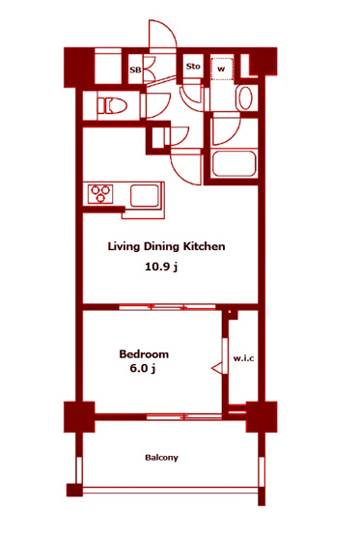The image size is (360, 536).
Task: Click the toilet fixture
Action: click(x=112, y=105)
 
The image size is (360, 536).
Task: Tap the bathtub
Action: click(x=234, y=163)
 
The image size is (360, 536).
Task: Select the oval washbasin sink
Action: click(x=245, y=98)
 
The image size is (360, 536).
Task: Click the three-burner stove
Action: click(x=100, y=193)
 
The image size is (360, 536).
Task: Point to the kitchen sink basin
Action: click(x=145, y=195)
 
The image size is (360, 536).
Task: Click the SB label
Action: click(x=135, y=71)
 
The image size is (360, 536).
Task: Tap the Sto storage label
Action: click(x=193, y=66)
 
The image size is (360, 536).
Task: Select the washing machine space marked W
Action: click(x=222, y=69)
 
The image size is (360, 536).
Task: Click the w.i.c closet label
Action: click(x=243, y=358)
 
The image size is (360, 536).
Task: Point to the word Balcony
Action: click(x=161, y=458)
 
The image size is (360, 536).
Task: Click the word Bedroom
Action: click(x=144, y=353)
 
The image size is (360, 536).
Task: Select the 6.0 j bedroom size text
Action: click(x=143, y=369)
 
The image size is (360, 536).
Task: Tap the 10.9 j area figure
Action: click(x=161, y=267)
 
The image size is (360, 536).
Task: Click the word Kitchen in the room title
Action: click(x=205, y=246)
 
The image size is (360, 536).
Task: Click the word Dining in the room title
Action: click(x=161, y=247)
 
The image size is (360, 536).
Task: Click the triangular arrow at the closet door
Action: click(x=217, y=369)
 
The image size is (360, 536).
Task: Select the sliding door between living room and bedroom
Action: click(x=167, y=307)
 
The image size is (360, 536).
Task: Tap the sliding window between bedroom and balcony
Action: click(x=184, y=416)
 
